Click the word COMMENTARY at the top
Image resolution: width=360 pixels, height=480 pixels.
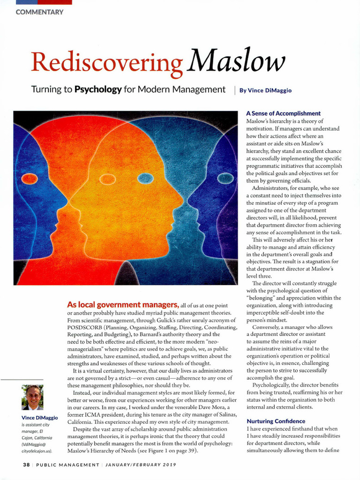tap(39, 12)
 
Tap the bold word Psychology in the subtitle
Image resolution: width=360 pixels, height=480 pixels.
tap(98, 89)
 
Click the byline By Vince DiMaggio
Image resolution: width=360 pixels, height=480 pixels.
tap(265, 90)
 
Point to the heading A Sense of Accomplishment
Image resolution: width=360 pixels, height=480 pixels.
tap(283, 113)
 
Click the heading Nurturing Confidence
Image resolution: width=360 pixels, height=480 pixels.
tap(276, 421)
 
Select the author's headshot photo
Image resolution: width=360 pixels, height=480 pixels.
tap(32, 397)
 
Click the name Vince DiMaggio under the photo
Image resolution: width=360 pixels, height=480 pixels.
tap(40, 418)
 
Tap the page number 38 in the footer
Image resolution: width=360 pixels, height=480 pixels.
tap(27, 465)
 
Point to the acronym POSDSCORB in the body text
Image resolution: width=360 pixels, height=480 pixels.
tap(85, 327)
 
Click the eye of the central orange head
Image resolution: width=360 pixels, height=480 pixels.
tap(107, 179)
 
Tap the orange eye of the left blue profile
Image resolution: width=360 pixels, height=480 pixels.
tap(30, 179)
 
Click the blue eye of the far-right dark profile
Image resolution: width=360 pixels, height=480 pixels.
tap(225, 178)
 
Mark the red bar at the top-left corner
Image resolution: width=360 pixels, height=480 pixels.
tap(44, 2)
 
